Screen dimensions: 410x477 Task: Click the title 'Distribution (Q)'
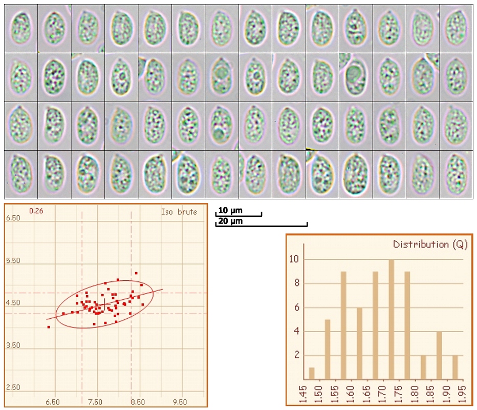pos(430,244)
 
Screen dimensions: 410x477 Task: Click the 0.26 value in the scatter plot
pos(36,211)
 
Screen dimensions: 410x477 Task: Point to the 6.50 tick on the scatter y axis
pos(13,218)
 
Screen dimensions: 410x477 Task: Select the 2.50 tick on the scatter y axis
pos(13,387)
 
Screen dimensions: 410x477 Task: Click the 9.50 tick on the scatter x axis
pos(180,402)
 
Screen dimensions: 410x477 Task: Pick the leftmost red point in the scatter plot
pos(49,326)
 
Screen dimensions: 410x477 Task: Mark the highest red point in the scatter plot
pos(136,273)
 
